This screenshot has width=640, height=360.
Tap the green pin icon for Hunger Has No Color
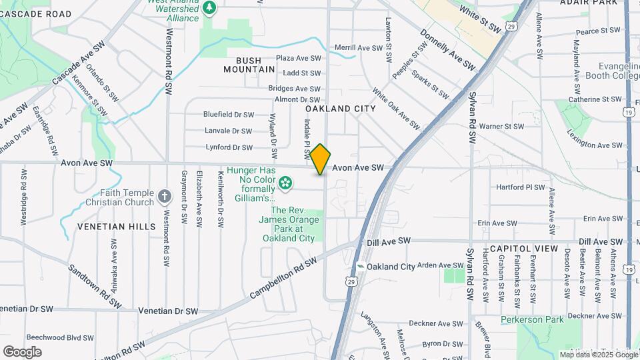[285, 182]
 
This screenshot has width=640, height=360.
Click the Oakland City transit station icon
[361, 267]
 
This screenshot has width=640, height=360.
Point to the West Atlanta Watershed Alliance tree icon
[210, 7]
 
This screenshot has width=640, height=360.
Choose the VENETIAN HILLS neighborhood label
[116, 227]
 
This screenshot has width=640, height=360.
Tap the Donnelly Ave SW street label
[448, 51]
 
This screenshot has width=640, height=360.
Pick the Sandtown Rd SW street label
[95, 286]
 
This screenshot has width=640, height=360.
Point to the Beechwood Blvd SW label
[59, 338]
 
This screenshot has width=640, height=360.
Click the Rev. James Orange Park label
[287, 223]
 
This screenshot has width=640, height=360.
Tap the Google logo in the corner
[22, 352]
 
